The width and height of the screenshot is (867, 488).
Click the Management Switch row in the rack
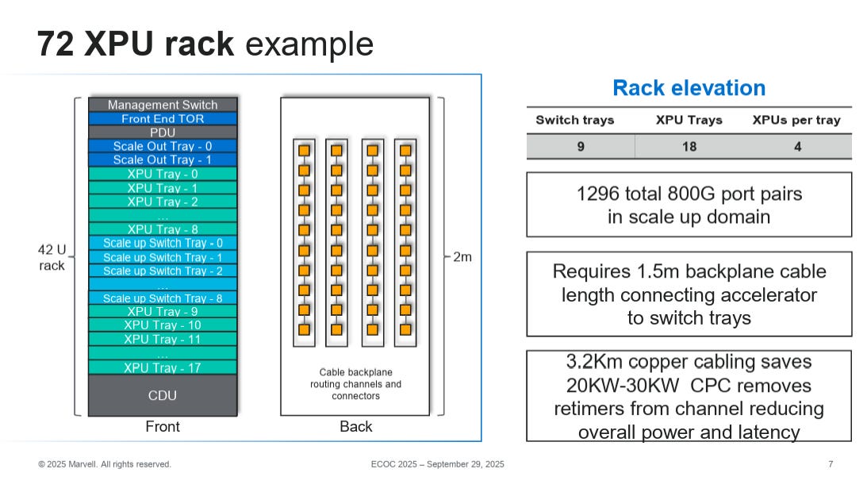tap(163, 105)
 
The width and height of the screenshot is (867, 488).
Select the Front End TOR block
tap(163, 118)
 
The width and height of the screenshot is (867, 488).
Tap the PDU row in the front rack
tap(163, 133)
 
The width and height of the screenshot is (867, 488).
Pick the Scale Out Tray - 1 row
tap(163, 160)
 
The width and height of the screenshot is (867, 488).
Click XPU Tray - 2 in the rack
tap(163, 202)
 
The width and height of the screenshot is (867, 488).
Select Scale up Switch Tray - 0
tap(163, 243)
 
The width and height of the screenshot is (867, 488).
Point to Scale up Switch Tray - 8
tap(163, 298)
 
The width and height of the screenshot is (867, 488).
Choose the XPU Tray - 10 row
tap(163, 325)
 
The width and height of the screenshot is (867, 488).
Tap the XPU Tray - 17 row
tap(163, 367)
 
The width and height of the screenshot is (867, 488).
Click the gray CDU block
tap(163, 395)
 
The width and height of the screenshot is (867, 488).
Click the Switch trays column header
tap(575, 120)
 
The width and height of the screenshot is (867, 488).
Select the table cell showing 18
tap(689, 147)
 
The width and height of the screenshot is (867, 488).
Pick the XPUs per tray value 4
tap(797, 147)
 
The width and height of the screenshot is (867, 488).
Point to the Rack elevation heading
tap(689, 88)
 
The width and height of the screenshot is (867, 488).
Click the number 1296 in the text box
tap(598, 194)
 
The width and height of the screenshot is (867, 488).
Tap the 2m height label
tap(462, 257)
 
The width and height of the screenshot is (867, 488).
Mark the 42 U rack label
tap(52, 258)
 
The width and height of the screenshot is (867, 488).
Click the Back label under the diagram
tap(356, 427)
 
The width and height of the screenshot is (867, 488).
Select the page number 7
tap(831, 464)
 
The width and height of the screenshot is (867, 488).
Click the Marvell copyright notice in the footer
tap(105, 464)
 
